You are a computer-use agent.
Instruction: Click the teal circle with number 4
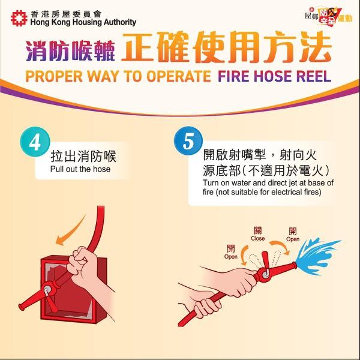(35, 142)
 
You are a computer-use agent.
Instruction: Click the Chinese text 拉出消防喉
(83, 157)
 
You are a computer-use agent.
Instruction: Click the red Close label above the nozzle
(258, 238)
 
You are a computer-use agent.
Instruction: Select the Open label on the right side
(293, 239)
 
